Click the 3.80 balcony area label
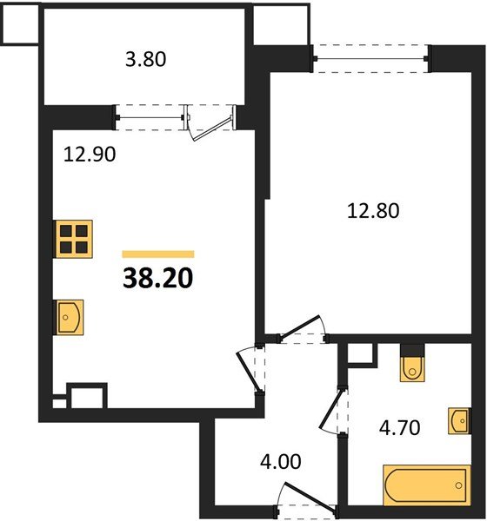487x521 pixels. click(x=145, y=60)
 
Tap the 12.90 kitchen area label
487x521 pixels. click(x=90, y=155)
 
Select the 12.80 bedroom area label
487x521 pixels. click(x=373, y=211)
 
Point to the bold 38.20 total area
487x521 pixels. click(x=157, y=278)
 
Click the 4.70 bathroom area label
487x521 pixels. click(x=399, y=427)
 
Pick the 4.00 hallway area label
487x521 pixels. click(x=280, y=462)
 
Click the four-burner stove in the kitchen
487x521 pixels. click(x=74, y=239)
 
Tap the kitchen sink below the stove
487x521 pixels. click(x=69, y=317)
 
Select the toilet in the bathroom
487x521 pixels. click(x=412, y=368)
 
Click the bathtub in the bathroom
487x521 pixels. click(x=427, y=485)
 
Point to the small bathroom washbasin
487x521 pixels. click(x=459, y=420)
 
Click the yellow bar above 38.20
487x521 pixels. click(x=158, y=254)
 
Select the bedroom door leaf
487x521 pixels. click(x=300, y=327)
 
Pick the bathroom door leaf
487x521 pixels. click(x=331, y=409)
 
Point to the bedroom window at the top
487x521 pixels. click(x=371, y=59)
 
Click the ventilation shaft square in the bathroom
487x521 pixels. click(x=360, y=353)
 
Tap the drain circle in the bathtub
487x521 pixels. click(x=459, y=485)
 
